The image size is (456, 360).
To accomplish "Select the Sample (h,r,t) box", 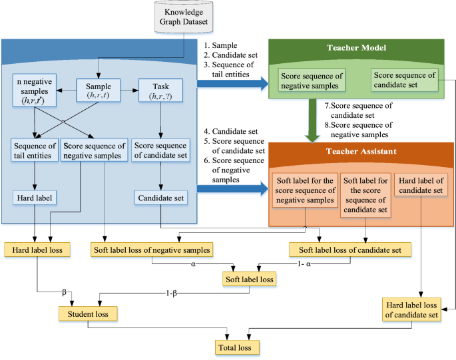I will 99,91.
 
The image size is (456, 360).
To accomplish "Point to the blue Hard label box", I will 33,198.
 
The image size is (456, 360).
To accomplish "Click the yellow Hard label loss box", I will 33,250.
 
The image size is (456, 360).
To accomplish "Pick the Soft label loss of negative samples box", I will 150,250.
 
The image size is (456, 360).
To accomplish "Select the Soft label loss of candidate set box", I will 350,250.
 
